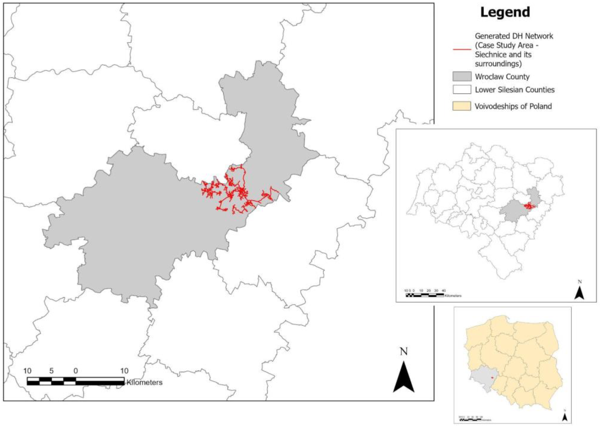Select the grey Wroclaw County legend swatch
pyautogui.click(x=462, y=76)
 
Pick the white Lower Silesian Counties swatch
pyautogui.click(x=462, y=89)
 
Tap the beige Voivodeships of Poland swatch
pyautogui.click(x=462, y=106)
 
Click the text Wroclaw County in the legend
pyautogui.click(x=502, y=77)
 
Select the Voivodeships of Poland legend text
pyautogui.click(x=513, y=106)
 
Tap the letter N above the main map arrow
pyautogui.click(x=404, y=352)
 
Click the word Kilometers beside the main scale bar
pyautogui.click(x=144, y=382)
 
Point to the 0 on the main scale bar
pyautogui.click(x=76, y=371)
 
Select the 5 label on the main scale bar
pyautogui.click(x=52, y=371)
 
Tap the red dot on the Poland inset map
pyautogui.click(x=492, y=378)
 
